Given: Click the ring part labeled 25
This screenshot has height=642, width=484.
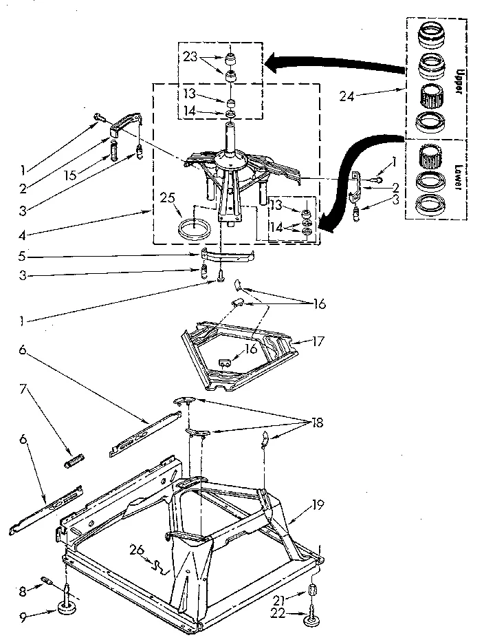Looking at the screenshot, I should coord(195,228).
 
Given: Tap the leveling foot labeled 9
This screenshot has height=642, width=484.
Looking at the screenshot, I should coord(67,607).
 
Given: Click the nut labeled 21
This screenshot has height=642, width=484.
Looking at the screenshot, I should coord(313,590).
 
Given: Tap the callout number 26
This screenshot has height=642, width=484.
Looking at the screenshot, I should coord(136,548).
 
